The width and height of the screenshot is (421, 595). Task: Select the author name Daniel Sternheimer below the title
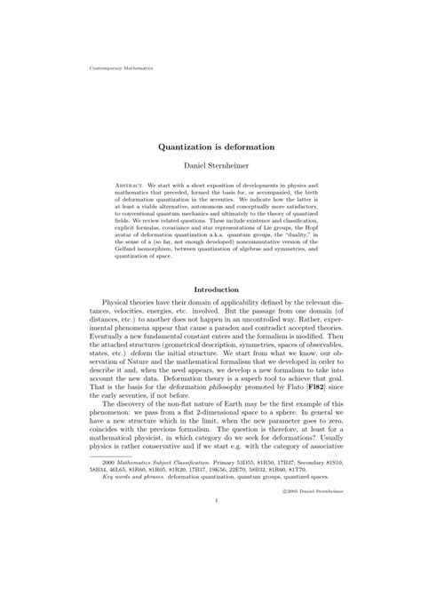point(210,166)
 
